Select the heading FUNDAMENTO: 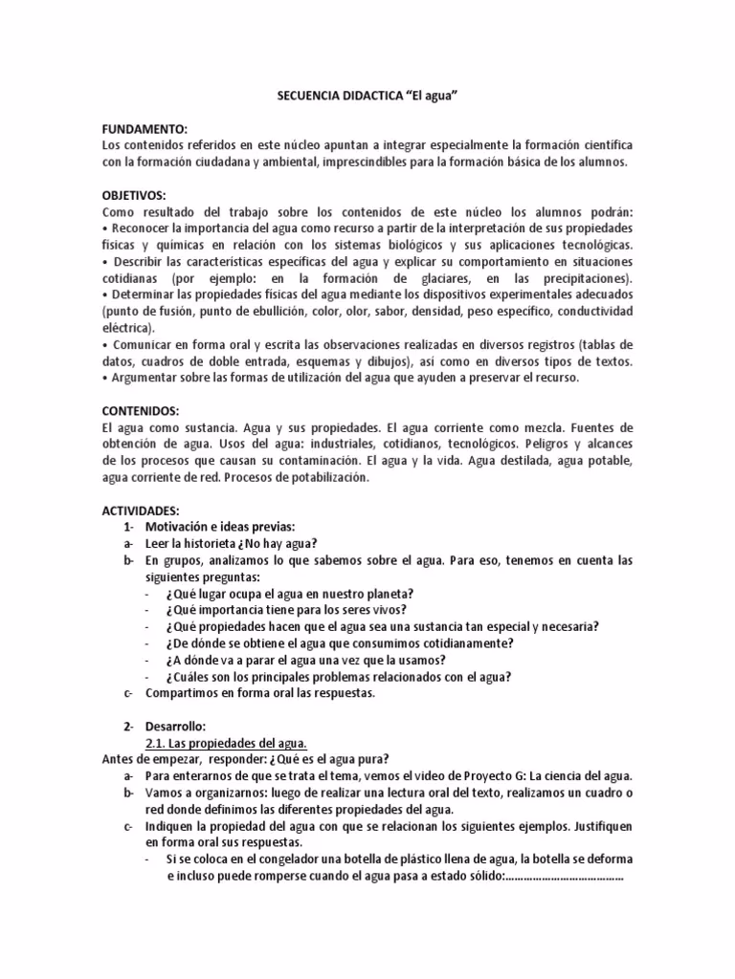(145, 127)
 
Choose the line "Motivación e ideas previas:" (220, 527)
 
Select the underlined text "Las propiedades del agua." (226, 743)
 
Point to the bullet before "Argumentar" (104, 378)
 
